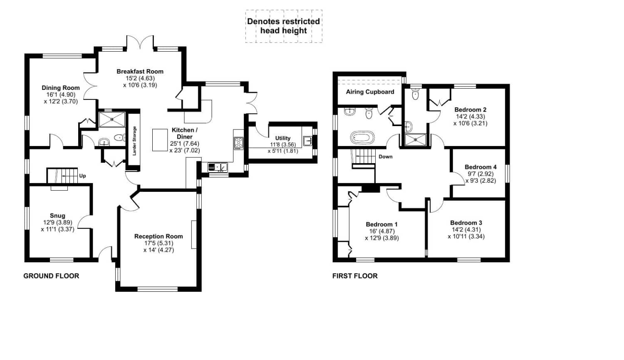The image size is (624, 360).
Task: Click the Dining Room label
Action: pyautogui.click(x=60, y=88)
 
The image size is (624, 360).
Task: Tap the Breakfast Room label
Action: pyautogui.click(x=140, y=72)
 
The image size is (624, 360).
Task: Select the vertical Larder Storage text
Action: pyautogui.click(x=134, y=141)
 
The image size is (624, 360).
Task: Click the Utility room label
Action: pyautogui.click(x=283, y=138)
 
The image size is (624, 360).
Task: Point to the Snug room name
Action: pyautogui.click(x=57, y=216)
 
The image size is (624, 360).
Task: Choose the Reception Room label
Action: pyautogui.click(x=158, y=236)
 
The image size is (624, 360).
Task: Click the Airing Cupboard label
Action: pyautogui.click(x=370, y=92)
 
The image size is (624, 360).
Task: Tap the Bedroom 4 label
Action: pyautogui.click(x=480, y=167)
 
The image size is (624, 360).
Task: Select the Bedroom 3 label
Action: pyautogui.click(x=466, y=223)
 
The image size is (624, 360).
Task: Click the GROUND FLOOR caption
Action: pyautogui.click(x=51, y=276)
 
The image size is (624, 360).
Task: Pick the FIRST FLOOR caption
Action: pyautogui.click(x=355, y=276)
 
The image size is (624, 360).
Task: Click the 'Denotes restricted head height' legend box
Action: pyautogui.click(x=284, y=26)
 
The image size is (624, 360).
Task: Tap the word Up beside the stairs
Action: pyautogui.click(x=82, y=176)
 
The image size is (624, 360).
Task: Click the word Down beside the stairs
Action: pyautogui.click(x=385, y=157)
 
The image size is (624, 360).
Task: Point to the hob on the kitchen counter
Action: pyautogui.click(x=238, y=143)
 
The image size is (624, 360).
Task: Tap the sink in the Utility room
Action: pyautogui.click(x=307, y=141)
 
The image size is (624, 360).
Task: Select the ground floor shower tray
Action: pyautogui.click(x=111, y=119)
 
